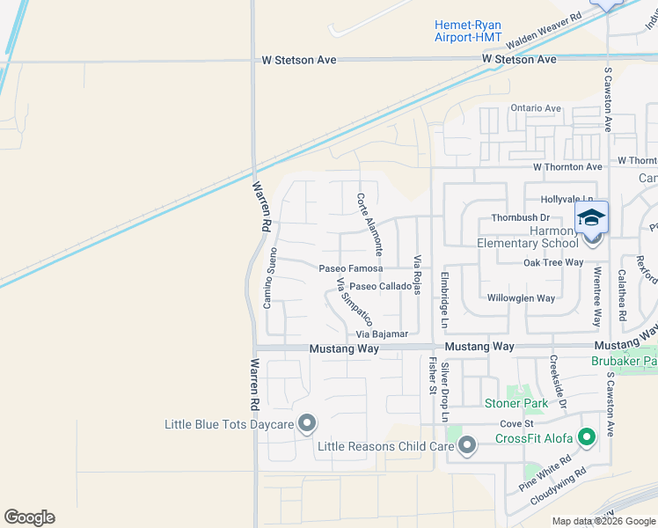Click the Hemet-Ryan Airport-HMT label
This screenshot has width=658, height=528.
[468, 31]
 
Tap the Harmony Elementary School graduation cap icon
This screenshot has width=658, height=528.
[592, 217]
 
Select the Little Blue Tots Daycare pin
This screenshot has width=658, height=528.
[306, 424]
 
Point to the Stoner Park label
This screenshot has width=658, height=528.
[516, 403]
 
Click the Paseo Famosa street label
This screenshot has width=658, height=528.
[351, 268]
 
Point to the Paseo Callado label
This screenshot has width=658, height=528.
[380, 286]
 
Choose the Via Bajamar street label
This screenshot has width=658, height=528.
[382, 334]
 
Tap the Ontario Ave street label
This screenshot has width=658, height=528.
[536, 108]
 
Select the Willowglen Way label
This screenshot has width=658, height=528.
[521, 298]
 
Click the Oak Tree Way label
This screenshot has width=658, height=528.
[553, 262]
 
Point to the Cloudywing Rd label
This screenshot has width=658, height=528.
[558, 488]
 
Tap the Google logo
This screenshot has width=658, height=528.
[29, 517]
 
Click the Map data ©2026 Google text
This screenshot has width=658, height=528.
[603, 521]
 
